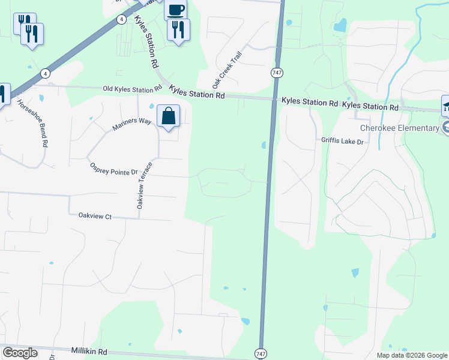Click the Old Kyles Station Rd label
tap(133, 89)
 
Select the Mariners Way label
tap(131, 124)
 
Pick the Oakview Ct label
tap(95, 215)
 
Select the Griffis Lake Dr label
tap(342, 141)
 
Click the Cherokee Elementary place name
tap(400, 128)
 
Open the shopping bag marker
tap(169, 116)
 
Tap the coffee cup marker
tap(175, 10)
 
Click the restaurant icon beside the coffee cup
tap(178, 29)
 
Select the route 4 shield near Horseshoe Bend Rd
tap(45, 73)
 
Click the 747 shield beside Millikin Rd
tap(261, 354)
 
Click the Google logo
tap(20, 353)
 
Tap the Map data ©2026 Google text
tap(411, 355)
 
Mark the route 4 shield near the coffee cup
tap(122, 19)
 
